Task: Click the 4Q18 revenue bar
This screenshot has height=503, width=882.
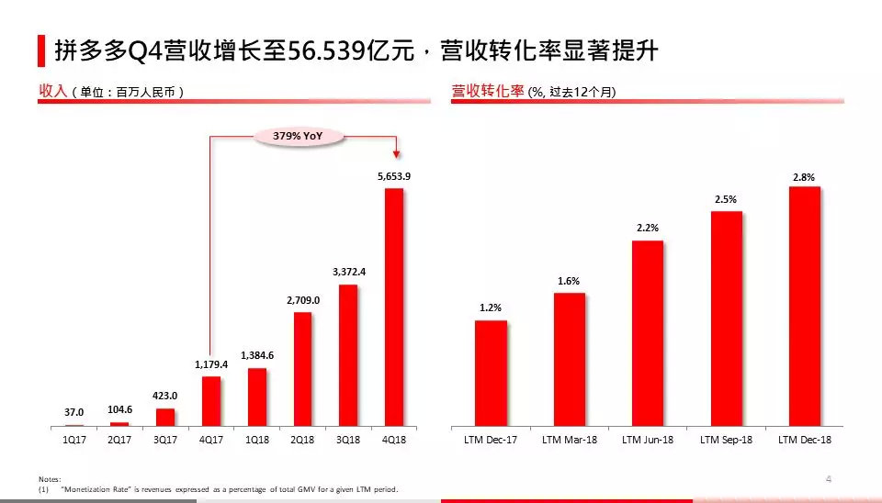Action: tap(394, 307)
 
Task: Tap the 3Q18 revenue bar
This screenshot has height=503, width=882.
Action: tap(348, 355)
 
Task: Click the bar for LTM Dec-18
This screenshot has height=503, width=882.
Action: tap(804, 307)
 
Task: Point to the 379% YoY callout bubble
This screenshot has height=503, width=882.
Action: tap(299, 136)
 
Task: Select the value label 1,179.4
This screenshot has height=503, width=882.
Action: tap(211, 364)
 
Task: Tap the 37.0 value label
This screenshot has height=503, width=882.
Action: tap(74, 413)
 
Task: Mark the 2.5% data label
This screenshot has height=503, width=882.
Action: tap(726, 199)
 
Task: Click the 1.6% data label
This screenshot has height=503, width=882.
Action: tap(569, 281)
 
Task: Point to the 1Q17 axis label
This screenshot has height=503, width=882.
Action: tap(74, 441)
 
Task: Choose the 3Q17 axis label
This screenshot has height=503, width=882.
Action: tap(165, 441)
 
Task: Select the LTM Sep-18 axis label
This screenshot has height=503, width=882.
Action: tap(726, 441)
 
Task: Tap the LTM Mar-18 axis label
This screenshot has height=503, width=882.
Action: tap(569, 441)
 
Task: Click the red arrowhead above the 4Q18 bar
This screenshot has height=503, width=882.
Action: tap(394, 155)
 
